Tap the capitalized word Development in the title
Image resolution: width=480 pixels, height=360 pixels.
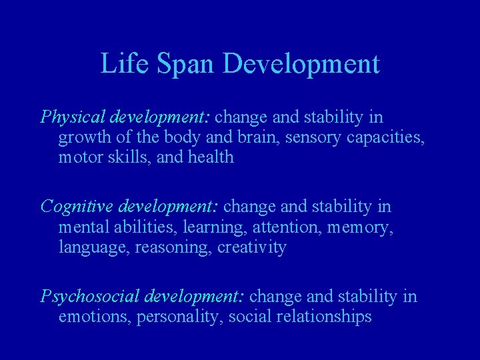(302, 64)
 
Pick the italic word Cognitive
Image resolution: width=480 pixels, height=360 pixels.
(73, 207)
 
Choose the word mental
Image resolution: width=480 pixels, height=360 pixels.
(83, 228)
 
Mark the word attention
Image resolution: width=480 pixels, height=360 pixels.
(265, 228)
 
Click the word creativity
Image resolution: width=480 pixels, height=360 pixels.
(252, 248)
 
